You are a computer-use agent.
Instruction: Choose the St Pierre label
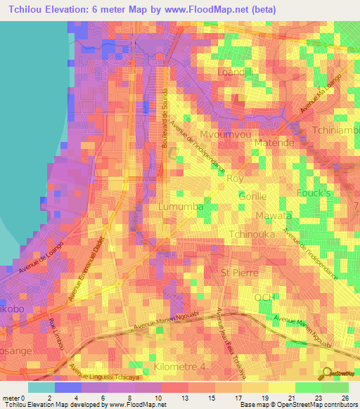click(237, 271)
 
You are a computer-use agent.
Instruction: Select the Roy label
click(235, 178)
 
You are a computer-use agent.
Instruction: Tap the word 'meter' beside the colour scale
click(11, 396)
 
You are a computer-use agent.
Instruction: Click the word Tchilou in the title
click(28, 10)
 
